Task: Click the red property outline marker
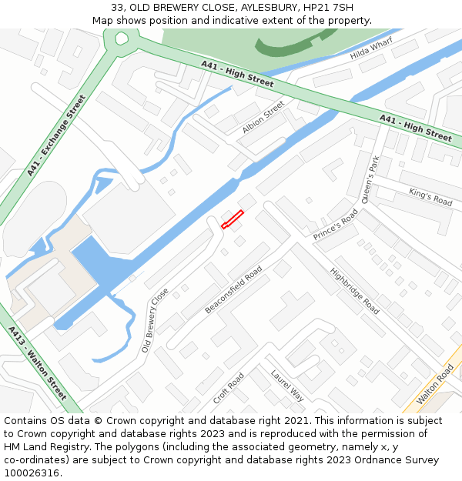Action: [233, 219]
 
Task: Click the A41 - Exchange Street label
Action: [56, 135]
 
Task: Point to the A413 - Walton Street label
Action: [38, 366]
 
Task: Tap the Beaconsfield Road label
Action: [233, 289]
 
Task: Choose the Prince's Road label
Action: [336, 225]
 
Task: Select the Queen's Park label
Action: [368, 176]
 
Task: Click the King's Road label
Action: [430, 196]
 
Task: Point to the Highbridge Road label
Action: [354, 291]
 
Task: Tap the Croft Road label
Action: [229, 389]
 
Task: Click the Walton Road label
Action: [435, 385]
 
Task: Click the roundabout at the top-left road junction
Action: [121, 38]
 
